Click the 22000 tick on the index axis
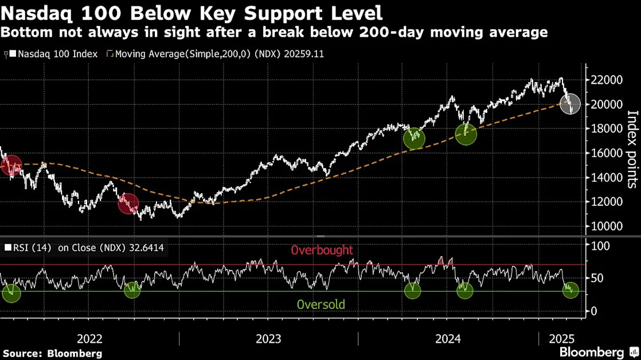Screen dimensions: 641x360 (x=606, y=80)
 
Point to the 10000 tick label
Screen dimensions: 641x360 (x=606, y=226)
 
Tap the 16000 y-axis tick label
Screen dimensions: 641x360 (x=606, y=153)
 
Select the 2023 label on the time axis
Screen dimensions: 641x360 (x=268, y=339)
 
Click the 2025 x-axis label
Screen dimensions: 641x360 (x=562, y=339)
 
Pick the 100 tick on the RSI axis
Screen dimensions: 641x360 (x=600, y=246)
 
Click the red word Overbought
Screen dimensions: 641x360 (x=322, y=250)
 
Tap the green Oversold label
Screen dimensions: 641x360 (x=321, y=304)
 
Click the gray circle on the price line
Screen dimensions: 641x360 (x=570, y=103)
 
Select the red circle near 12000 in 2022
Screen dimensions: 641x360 (x=128, y=204)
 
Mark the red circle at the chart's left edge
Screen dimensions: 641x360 (x=11, y=165)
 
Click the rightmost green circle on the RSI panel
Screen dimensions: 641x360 (x=570, y=290)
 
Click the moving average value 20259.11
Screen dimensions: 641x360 (x=302, y=54)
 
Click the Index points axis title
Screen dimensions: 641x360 (x=632, y=149)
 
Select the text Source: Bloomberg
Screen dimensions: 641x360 (x=52, y=354)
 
